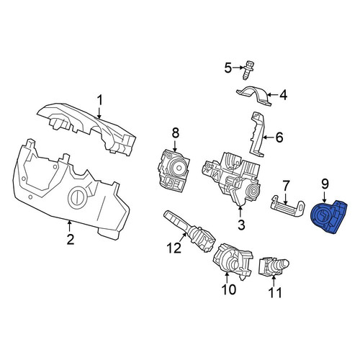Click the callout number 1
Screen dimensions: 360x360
99,100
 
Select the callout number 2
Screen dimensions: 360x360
71,239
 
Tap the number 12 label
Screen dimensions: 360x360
174,248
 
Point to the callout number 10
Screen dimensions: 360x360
229,289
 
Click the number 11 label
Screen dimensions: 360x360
274,292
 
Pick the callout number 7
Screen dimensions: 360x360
285,186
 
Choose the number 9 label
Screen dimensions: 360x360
325,184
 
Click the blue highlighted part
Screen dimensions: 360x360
329,217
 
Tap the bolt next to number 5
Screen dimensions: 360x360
248,70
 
